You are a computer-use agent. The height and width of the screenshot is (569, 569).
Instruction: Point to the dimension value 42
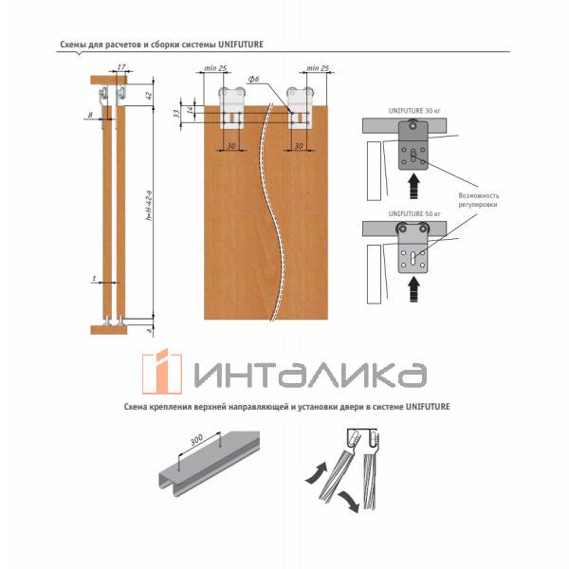click(x=149, y=95)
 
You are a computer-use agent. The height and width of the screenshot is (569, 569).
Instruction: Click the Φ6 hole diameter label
click(x=253, y=80)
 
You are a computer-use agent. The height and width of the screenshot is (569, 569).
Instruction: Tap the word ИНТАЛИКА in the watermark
click(x=308, y=372)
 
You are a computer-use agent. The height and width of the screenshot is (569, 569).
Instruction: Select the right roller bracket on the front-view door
click(x=302, y=105)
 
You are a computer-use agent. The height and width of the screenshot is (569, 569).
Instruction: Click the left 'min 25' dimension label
click(x=214, y=68)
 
